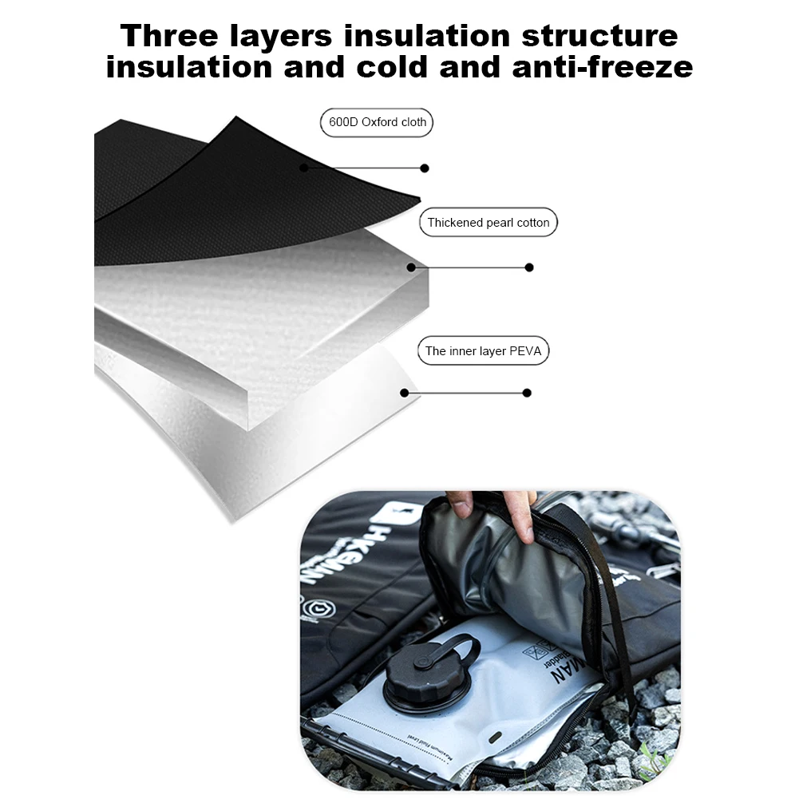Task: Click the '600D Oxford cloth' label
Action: coord(378,123)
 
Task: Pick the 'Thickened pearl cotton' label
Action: coord(488,223)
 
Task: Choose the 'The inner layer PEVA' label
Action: coord(483,351)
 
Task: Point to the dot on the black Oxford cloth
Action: coord(304,168)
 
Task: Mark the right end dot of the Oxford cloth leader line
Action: coord(425,168)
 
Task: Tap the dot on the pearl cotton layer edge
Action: coord(412,267)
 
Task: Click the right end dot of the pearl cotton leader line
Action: coord(529,267)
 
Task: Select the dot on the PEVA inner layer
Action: coord(405,393)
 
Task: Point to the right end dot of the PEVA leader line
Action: coord(527,393)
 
